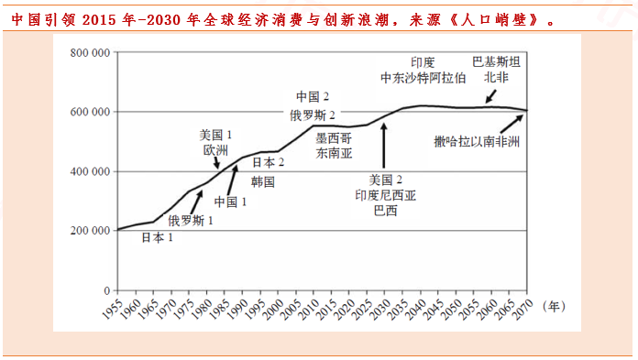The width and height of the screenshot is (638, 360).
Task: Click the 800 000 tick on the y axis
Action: [90, 52]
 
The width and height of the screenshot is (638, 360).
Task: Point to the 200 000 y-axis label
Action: [90, 231]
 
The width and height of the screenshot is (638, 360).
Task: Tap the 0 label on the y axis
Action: [104, 290]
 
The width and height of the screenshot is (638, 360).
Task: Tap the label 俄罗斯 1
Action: [191, 220]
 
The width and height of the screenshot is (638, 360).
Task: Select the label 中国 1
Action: [230, 202]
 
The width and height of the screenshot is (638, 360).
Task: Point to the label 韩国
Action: [263, 181]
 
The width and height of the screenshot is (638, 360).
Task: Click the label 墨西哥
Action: [333, 137]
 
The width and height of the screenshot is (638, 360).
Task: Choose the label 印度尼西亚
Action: [385, 194]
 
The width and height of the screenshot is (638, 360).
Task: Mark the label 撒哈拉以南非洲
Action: [477, 142]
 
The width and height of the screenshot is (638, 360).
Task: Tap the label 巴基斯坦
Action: [496, 62]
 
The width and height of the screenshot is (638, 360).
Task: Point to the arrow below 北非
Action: [490, 95]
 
